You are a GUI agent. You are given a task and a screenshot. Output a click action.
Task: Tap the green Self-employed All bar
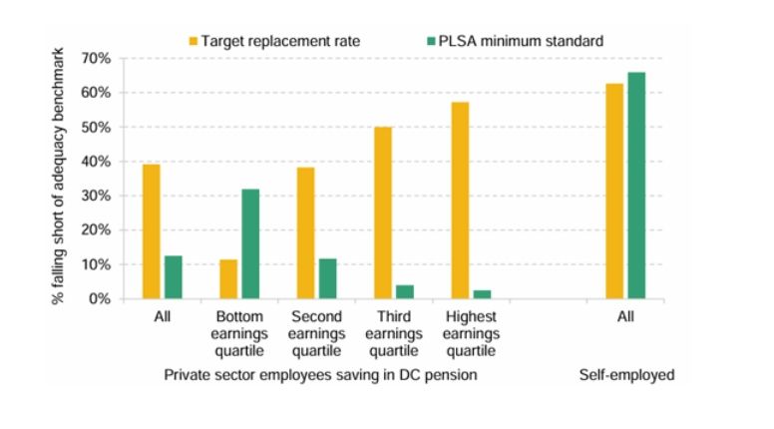click(636, 186)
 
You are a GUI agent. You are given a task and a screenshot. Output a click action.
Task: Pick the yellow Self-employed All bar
click(614, 191)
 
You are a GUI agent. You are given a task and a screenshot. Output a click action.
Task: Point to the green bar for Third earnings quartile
click(405, 291)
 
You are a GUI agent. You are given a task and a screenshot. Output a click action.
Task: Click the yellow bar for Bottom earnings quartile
click(228, 279)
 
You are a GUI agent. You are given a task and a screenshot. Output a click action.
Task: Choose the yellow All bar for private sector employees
click(151, 231)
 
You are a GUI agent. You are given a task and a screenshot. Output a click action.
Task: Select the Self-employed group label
click(626, 375)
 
